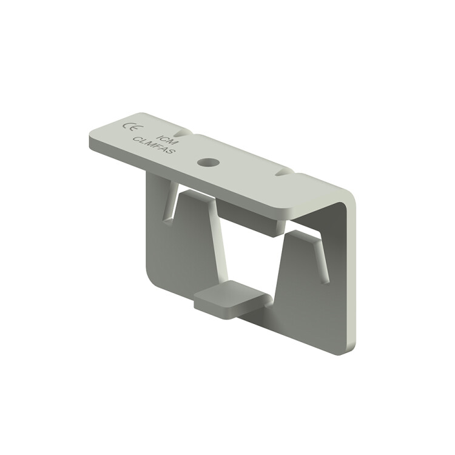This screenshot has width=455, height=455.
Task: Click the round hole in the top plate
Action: [x=207, y=162]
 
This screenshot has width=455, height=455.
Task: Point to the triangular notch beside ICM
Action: [x=182, y=133]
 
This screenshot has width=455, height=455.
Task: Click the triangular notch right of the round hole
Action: [x=283, y=173]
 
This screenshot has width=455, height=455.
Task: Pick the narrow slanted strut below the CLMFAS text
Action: [x=170, y=201]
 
